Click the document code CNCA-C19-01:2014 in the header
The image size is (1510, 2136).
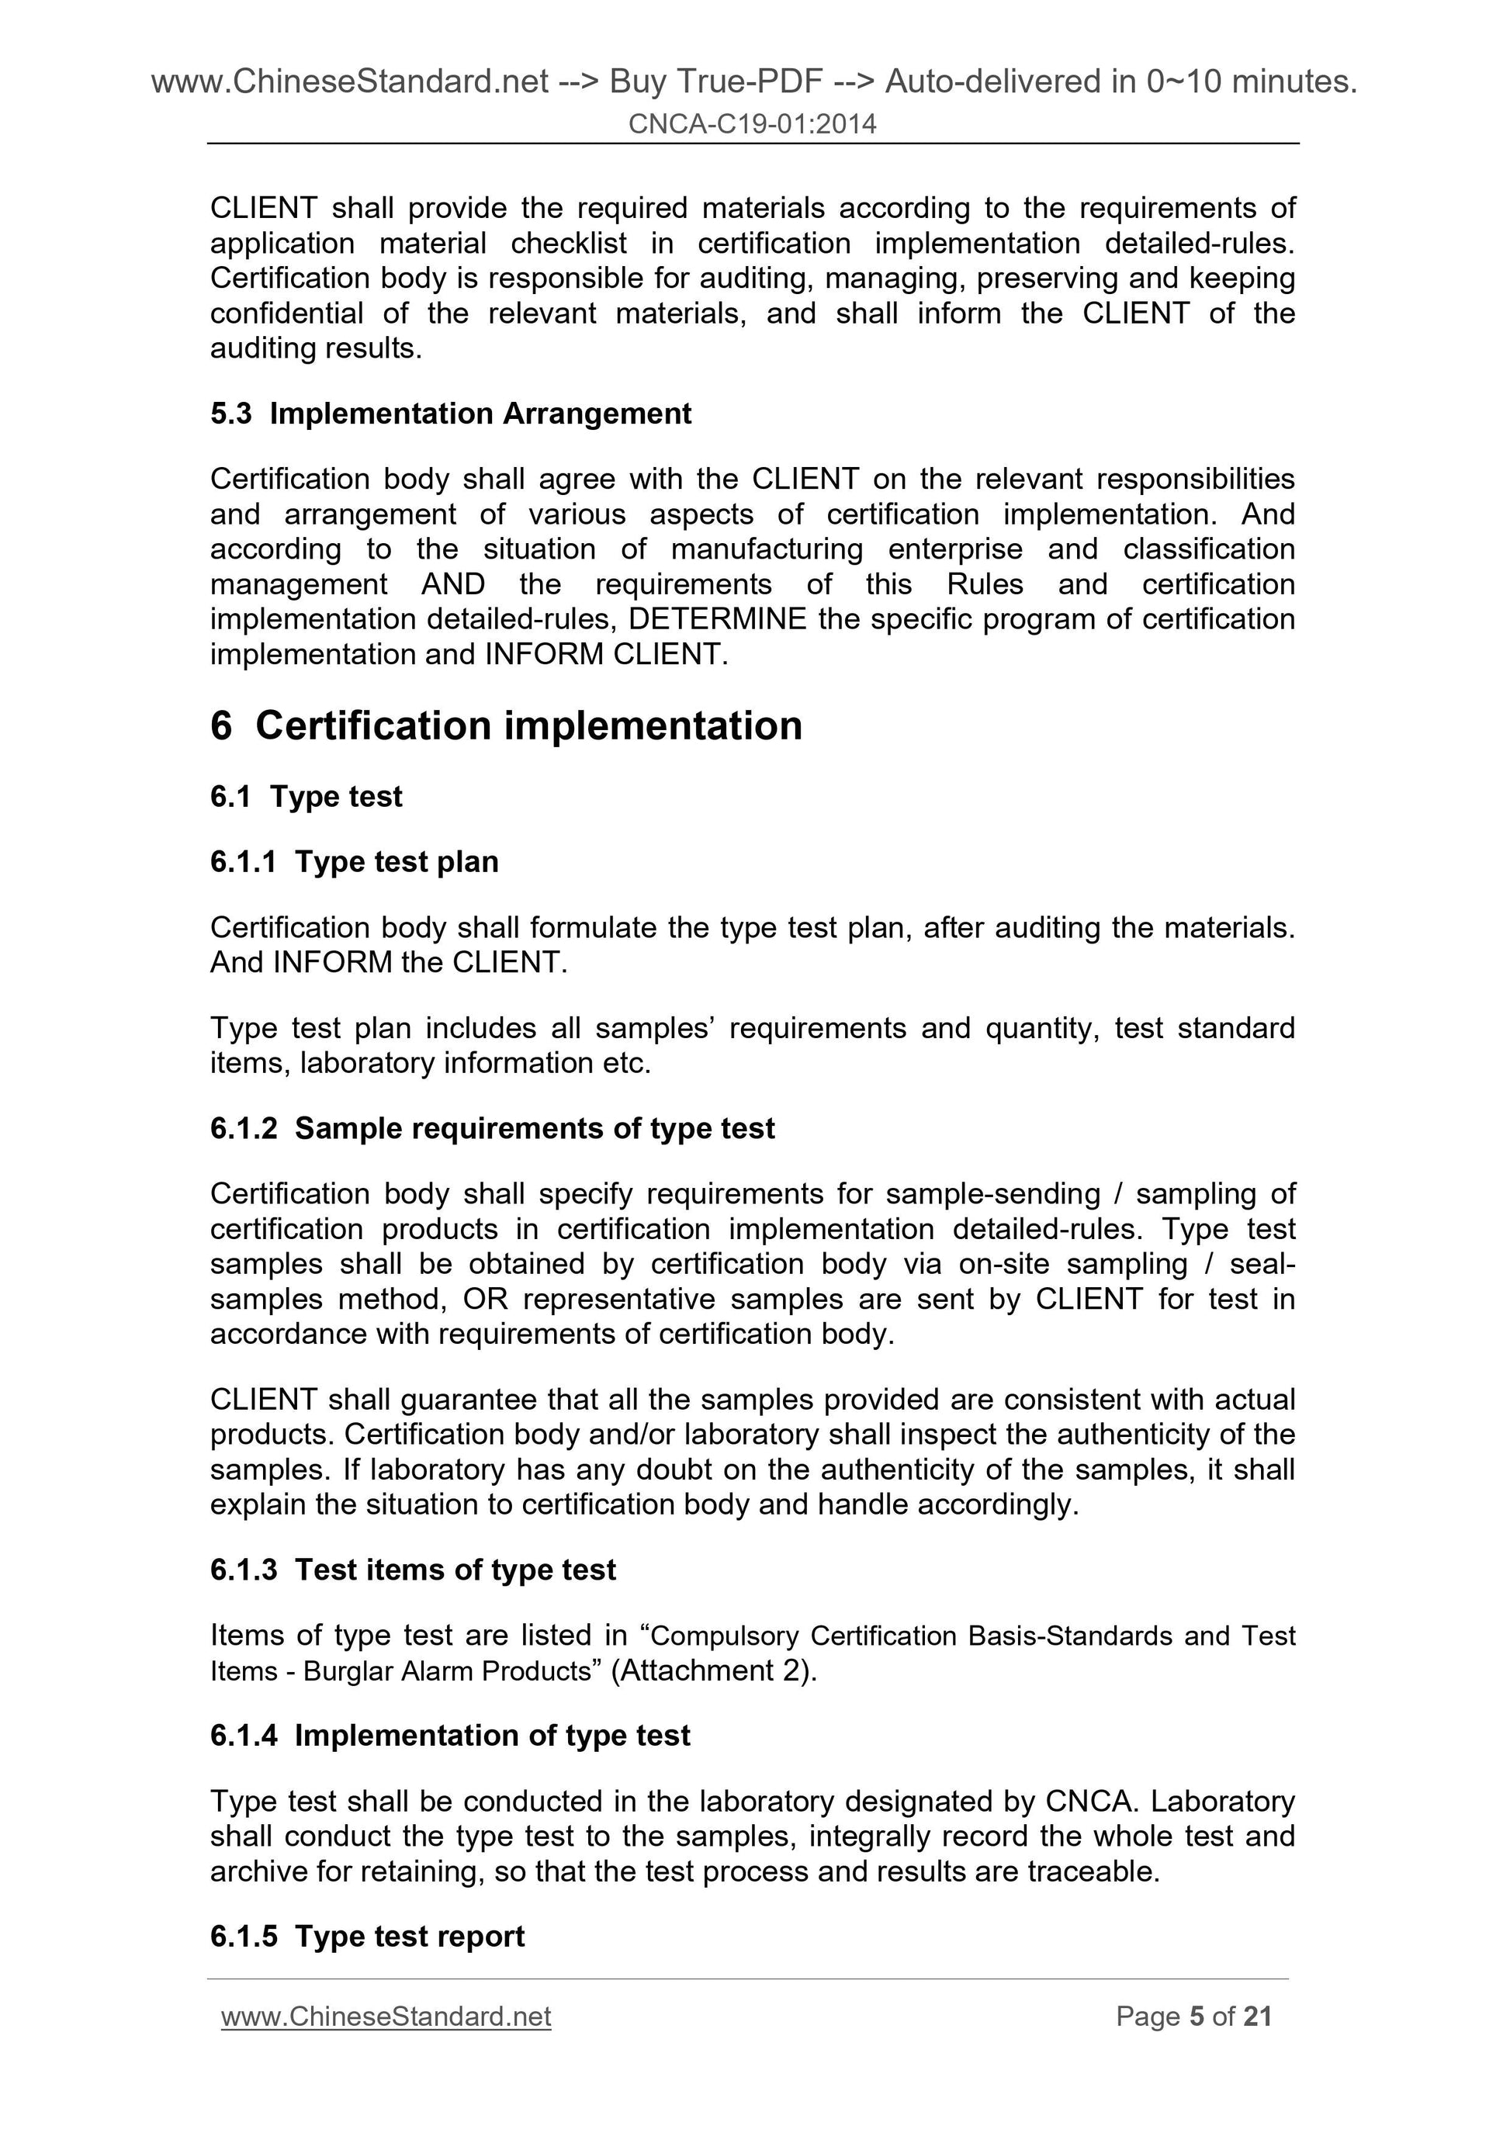coord(752,123)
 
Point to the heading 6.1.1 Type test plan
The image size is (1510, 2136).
coord(354,861)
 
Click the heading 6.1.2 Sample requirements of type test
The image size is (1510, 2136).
coord(492,1127)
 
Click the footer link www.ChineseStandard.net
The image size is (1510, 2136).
coord(386,2016)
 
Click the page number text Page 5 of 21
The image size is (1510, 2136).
coord(1193,2016)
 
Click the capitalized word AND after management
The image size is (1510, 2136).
coord(453,584)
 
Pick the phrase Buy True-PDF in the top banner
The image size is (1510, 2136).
coord(715,82)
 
